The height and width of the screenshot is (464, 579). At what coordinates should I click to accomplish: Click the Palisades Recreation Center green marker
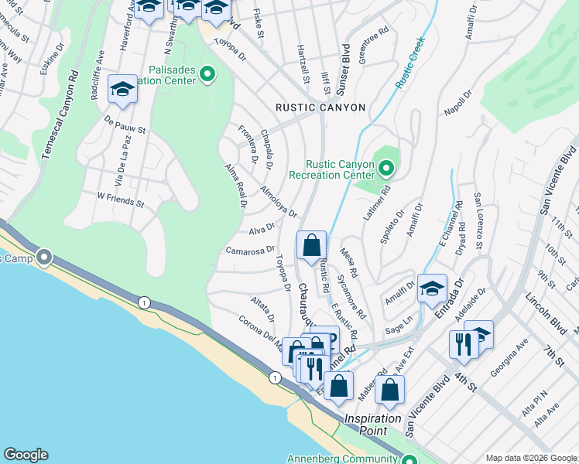[207, 74]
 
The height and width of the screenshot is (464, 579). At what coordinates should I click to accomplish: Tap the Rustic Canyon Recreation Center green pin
[385, 168]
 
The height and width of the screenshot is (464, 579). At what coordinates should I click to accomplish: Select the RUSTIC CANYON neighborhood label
[320, 107]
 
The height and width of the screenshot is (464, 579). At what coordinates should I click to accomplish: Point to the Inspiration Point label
[373, 424]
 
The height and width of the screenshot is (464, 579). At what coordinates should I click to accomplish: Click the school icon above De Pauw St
[123, 90]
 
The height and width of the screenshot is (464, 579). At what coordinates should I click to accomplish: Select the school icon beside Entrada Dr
[432, 289]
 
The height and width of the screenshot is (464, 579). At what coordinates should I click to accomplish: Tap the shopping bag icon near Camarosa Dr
[311, 247]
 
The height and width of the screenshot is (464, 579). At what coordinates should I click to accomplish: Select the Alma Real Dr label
[235, 186]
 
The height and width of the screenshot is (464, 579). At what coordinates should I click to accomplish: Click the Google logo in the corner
[26, 455]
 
